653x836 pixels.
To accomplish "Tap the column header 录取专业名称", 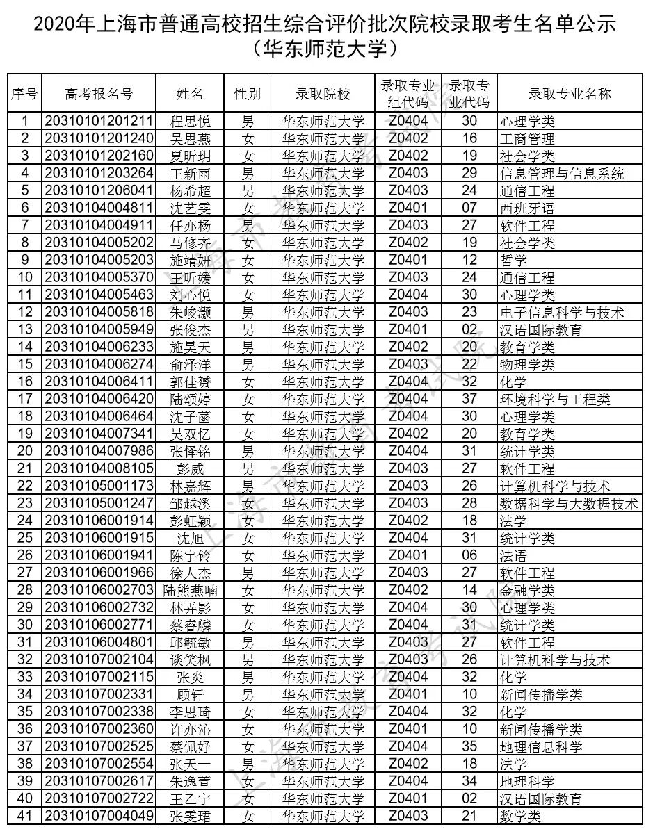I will point(570,95).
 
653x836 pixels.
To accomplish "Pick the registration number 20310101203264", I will point(99,174).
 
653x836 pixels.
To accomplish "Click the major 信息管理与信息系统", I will point(562,174).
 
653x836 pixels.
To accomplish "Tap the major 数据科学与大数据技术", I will point(569,504).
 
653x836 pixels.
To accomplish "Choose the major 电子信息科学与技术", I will point(562,313).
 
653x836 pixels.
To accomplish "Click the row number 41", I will point(24,817).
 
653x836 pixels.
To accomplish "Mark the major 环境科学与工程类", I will point(555,400).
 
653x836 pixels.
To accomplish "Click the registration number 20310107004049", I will point(99,817).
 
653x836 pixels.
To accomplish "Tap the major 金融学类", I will point(527,591).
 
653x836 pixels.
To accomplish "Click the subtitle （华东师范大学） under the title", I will point(325,49).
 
